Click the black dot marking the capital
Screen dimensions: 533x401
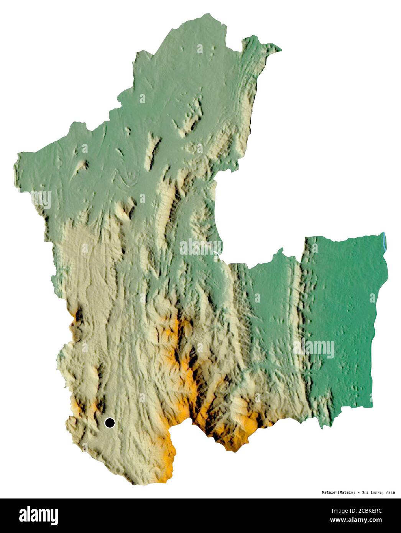pyautogui.click(x=110, y=423)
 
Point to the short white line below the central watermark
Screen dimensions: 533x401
pyautogui.click(x=217, y=253)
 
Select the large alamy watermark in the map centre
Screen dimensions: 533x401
pyautogui.click(x=201, y=247)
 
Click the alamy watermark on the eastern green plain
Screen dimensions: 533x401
pyautogui.click(x=314, y=348)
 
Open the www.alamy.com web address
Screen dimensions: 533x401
pyautogui.click(x=356, y=520)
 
